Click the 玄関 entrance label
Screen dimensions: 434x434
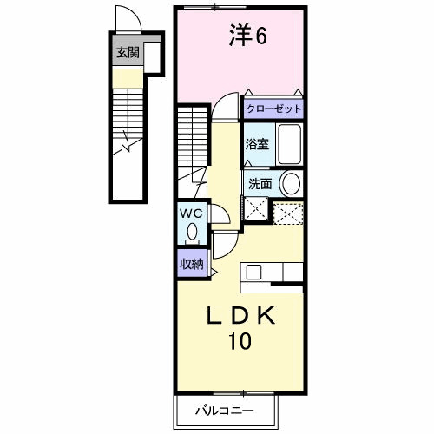click(x=128, y=53)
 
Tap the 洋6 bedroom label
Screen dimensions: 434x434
click(x=247, y=36)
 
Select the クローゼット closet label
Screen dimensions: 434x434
click(x=273, y=109)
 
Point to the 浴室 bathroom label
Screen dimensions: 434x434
click(x=256, y=144)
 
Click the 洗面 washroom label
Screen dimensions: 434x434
click(x=259, y=183)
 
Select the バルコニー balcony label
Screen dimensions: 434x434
click(x=226, y=408)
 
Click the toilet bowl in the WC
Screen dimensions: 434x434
click(x=193, y=233)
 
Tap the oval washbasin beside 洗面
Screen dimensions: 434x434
click(x=291, y=183)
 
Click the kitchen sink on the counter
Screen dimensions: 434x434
click(x=253, y=273)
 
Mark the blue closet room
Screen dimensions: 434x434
click(x=273, y=109)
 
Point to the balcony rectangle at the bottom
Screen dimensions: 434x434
click(x=226, y=408)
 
